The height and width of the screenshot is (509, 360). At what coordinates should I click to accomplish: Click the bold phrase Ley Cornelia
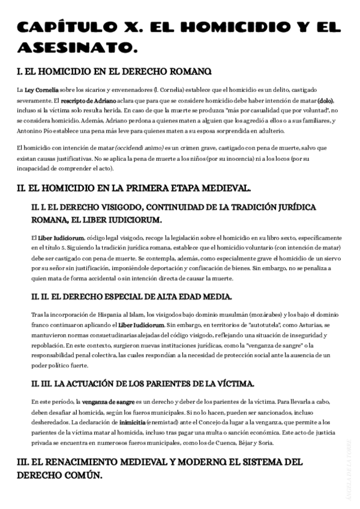pos(42,89)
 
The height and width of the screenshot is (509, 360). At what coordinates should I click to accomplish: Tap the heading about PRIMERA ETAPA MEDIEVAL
pos(133,188)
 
